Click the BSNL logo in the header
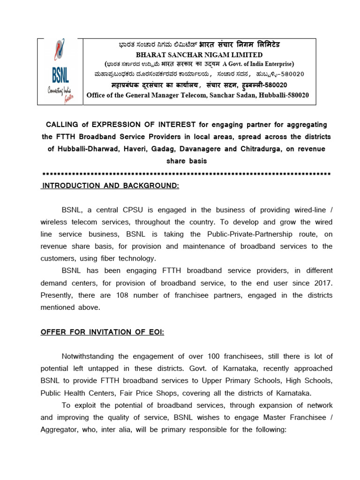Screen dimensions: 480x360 pyautogui.click(x=60, y=71)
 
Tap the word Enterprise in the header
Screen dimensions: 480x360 pyautogui.click(x=276, y=64)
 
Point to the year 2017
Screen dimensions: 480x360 pyautogui.click(x=322, y=283)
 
